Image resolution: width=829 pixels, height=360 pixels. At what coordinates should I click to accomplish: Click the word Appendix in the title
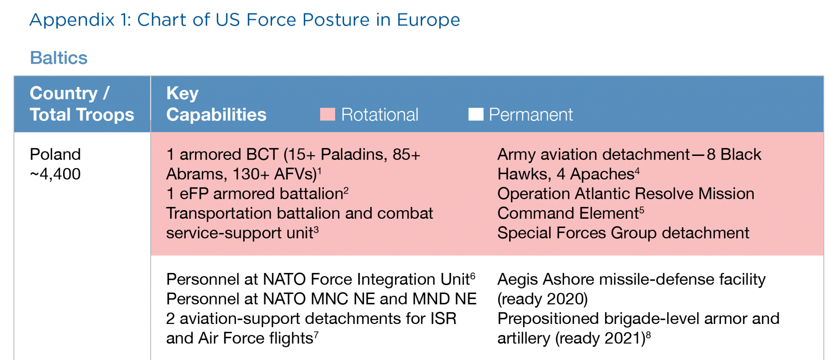click(x=72, y=20)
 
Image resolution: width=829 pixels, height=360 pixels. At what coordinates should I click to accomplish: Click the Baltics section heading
click(x=59, y=58)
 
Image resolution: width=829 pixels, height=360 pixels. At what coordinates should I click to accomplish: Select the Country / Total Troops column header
click(x=81, y=104)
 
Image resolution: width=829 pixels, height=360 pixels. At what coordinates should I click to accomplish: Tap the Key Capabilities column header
click(x=216, y=104)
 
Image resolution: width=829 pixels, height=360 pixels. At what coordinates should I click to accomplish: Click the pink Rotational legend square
click(x=327, y=115)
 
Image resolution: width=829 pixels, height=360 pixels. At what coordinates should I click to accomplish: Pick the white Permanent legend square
click(x=476, y=115)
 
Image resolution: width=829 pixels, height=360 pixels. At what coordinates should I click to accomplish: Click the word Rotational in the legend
click(x=380, y=115)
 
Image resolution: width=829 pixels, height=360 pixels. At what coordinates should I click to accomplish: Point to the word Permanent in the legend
click(x=531, y=115)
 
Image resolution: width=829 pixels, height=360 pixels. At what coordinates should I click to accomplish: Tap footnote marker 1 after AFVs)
click(x=319, y=171)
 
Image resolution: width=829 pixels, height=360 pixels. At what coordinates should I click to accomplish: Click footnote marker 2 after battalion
click(x=346, y=191)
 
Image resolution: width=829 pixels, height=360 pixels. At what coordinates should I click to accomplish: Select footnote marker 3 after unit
click(x=316, y=230)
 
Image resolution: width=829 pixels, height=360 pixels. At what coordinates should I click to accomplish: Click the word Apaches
click(x=602, y=174)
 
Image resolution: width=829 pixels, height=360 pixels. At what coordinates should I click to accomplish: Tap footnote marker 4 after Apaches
click(x=638, y=171)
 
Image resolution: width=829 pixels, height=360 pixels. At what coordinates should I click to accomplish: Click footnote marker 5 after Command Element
click(x=642, y=210)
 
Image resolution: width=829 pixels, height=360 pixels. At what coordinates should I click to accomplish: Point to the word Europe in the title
click(x=428, y=20)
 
